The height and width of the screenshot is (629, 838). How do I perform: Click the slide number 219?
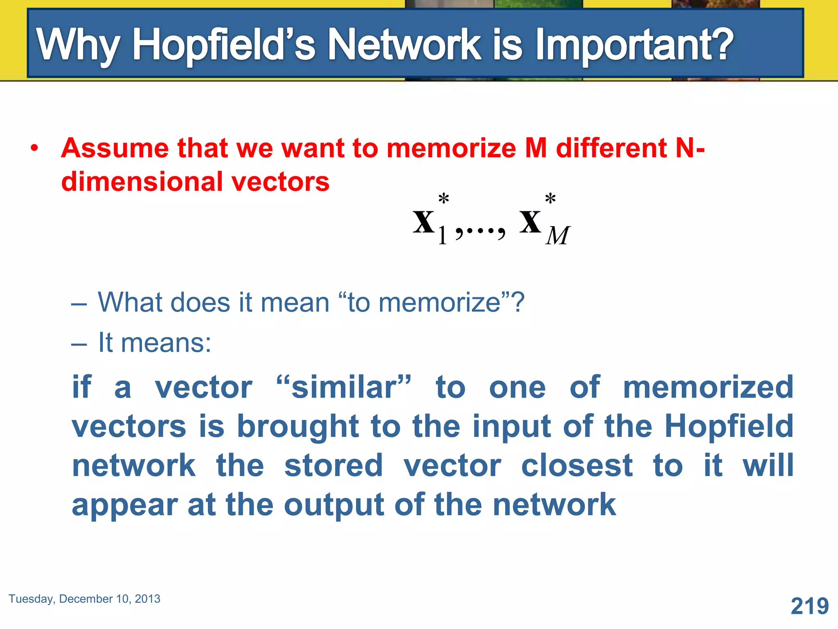809,606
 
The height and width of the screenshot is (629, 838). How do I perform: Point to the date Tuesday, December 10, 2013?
84,599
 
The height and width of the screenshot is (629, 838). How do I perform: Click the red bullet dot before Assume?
34,148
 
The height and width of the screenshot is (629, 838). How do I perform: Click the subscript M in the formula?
557,236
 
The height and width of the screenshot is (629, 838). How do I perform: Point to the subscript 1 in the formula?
442,236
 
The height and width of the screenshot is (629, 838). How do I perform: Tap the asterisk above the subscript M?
550,199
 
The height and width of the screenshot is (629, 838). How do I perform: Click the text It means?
155,342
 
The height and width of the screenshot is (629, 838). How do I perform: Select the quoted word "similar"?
344,387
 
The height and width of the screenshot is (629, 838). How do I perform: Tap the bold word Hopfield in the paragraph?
728,426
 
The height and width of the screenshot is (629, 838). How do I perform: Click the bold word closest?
577,466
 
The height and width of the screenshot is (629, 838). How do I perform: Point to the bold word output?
334,505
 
